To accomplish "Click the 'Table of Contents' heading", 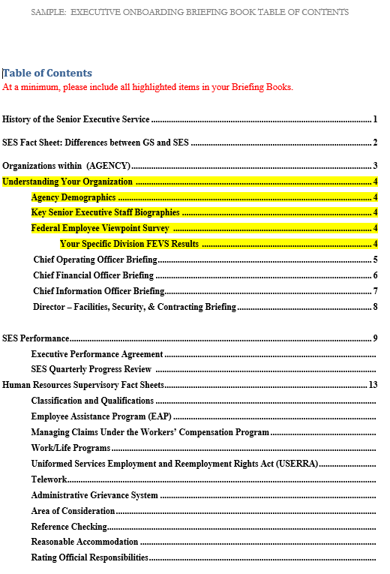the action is (x=48, y=73).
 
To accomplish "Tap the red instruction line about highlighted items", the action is (x=148, y=87).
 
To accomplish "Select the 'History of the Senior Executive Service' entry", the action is (x=76, y=119).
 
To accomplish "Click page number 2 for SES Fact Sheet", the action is (x=374, y=143).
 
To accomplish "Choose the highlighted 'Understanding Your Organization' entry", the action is (x=67, y=182).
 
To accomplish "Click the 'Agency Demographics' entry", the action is (x=73, y=197).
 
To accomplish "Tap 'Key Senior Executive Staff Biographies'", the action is (x=105, y=212).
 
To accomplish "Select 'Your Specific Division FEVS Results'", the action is (x=129, y=244).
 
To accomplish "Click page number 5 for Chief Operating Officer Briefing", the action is (x=374, y=260).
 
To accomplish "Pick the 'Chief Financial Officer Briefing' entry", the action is (x=93, y=275).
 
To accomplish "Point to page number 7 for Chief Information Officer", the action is (x=374, y=291).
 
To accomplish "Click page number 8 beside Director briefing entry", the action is (x=374, y=307).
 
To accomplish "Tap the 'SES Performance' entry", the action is (x=36, y=338).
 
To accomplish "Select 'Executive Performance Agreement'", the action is (x=97, y=354).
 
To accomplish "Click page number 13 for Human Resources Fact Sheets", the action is (x=373, y=385).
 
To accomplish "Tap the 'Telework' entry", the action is (x=49, y=479).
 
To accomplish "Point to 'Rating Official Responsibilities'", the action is (x=89, y=557).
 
